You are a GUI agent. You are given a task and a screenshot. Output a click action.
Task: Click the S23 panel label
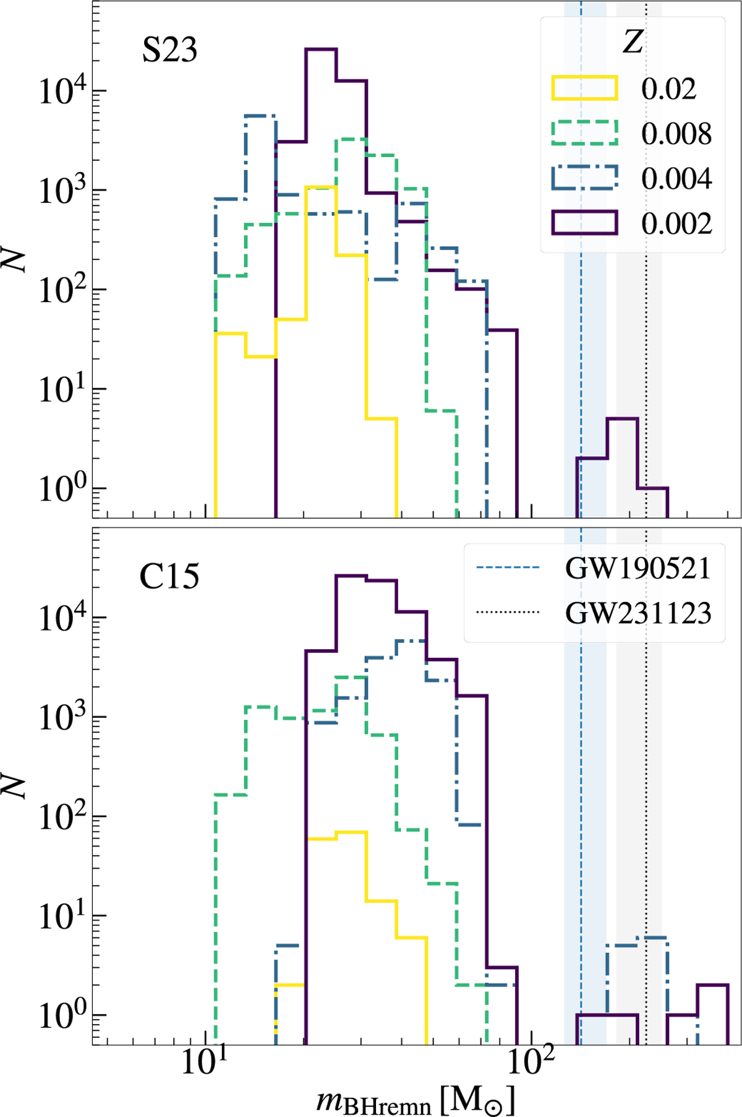169,50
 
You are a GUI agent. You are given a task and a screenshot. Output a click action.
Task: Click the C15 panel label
169,577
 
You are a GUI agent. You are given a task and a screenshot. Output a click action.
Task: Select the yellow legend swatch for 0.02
584,88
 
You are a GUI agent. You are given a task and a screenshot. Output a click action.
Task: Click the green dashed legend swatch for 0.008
584,132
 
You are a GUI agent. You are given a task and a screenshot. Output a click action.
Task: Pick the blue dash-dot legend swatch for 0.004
584,178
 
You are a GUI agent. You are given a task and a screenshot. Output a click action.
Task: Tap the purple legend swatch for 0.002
584,223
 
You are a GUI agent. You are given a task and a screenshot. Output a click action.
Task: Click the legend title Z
633,43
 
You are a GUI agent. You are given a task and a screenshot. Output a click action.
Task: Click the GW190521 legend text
638,568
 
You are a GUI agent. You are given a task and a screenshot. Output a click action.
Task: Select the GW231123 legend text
638,613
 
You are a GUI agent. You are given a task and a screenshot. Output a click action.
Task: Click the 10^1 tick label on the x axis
204,1076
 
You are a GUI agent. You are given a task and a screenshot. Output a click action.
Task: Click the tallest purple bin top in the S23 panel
321,49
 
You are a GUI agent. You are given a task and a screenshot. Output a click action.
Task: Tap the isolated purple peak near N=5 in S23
622,420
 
